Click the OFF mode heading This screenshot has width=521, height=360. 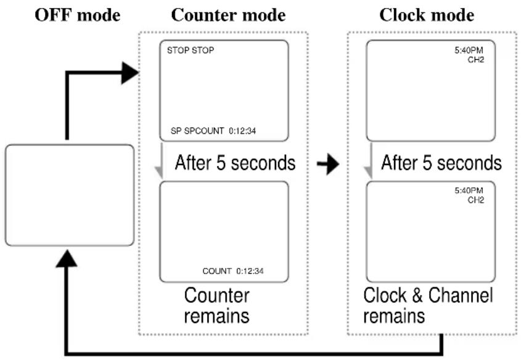78,15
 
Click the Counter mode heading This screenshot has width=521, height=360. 228,15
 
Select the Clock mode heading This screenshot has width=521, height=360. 427,15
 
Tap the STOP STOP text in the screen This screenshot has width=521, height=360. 191,50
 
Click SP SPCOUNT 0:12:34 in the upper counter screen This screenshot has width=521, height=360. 213,131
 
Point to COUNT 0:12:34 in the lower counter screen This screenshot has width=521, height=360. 233,271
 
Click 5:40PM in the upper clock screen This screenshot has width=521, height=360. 469,50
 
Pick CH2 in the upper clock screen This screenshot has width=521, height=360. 476,60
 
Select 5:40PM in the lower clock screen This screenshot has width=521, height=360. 469,190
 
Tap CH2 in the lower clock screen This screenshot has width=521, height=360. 476,200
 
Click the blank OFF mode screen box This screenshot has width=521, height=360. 70,195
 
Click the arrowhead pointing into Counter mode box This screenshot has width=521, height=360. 130,73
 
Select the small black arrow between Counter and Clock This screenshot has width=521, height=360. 328,163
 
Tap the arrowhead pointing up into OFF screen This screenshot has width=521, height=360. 67,259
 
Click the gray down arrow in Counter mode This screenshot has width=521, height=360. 160,161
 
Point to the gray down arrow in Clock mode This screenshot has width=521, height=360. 369,161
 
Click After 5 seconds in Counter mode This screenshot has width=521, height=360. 236,163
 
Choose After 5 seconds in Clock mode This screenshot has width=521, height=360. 441,163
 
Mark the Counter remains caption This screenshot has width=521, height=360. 216,306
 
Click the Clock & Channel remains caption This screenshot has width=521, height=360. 428,306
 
